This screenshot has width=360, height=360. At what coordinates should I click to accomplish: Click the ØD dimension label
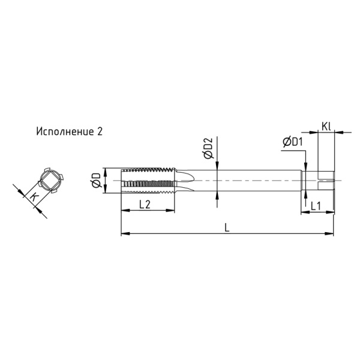pos(96,180)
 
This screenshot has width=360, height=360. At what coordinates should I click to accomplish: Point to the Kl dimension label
pos(326,126)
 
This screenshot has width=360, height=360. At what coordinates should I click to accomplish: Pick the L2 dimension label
pos(145,205)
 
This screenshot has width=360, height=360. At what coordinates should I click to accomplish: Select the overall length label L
pos(226,226)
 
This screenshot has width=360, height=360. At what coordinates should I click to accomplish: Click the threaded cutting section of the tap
pos(150,180)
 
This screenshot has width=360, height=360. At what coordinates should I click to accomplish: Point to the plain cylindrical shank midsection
pos(252,180)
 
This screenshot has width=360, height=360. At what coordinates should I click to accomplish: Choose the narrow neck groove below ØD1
pos(307,180)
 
